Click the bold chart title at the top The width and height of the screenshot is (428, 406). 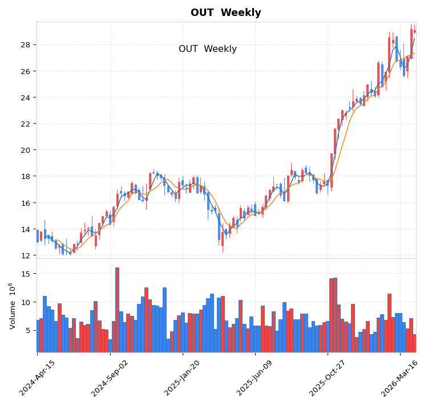(225, 13)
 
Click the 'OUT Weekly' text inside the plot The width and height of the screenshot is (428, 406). (207, 49)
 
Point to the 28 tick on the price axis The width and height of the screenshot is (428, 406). (26, 45)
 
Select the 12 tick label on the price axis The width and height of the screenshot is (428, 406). (26, 255)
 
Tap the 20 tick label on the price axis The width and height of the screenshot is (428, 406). (26, 150)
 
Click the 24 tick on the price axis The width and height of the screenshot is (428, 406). (26, 98)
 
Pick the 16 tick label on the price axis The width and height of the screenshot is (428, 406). (26, 203)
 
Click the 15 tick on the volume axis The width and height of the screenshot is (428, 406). (26, 274)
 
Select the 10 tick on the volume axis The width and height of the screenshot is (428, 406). (26, 302)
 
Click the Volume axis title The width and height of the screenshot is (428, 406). (12, 306)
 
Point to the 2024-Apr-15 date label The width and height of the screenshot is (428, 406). (38, 378)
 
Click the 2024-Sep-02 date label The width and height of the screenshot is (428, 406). (110, 378)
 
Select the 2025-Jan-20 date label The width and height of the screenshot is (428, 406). (183, 378)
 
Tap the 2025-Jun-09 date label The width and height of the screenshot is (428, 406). (256, 378)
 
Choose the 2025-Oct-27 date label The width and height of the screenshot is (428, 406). (328, 378)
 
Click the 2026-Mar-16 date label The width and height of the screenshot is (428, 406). (401, 378)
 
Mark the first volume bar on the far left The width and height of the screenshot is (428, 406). (38, 336)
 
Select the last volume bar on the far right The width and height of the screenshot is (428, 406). (415, 343)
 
